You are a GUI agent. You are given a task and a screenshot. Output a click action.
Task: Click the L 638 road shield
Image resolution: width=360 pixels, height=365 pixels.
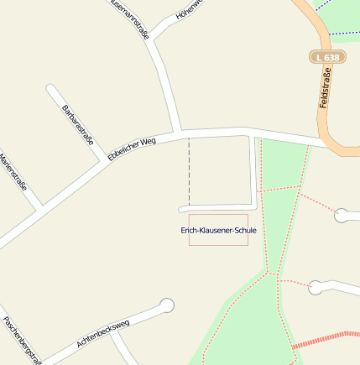point(327,57)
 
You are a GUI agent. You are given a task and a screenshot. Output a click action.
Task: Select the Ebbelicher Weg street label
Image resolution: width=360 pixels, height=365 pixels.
point(133,149)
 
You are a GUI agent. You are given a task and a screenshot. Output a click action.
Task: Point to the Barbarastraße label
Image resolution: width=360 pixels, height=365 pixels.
point(78,125)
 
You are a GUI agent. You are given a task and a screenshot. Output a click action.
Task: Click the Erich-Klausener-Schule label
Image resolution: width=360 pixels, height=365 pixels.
point(218,230)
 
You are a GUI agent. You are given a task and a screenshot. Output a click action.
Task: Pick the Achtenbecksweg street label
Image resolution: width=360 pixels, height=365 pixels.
point(103,333)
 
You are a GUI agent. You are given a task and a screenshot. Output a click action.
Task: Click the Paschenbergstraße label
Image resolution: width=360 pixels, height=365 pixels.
point(20,340)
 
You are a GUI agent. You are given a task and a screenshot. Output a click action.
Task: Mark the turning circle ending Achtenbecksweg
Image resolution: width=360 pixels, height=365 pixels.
point(167,305)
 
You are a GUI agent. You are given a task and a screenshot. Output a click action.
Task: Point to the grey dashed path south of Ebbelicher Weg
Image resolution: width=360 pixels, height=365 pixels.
point(189,172)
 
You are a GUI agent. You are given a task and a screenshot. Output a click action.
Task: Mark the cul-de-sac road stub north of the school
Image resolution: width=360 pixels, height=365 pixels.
point(218,207)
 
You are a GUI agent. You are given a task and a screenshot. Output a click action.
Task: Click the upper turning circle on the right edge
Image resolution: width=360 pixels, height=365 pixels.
point(342,216)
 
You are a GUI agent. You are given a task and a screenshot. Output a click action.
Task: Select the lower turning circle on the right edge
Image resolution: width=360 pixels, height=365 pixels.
point(315,287)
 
